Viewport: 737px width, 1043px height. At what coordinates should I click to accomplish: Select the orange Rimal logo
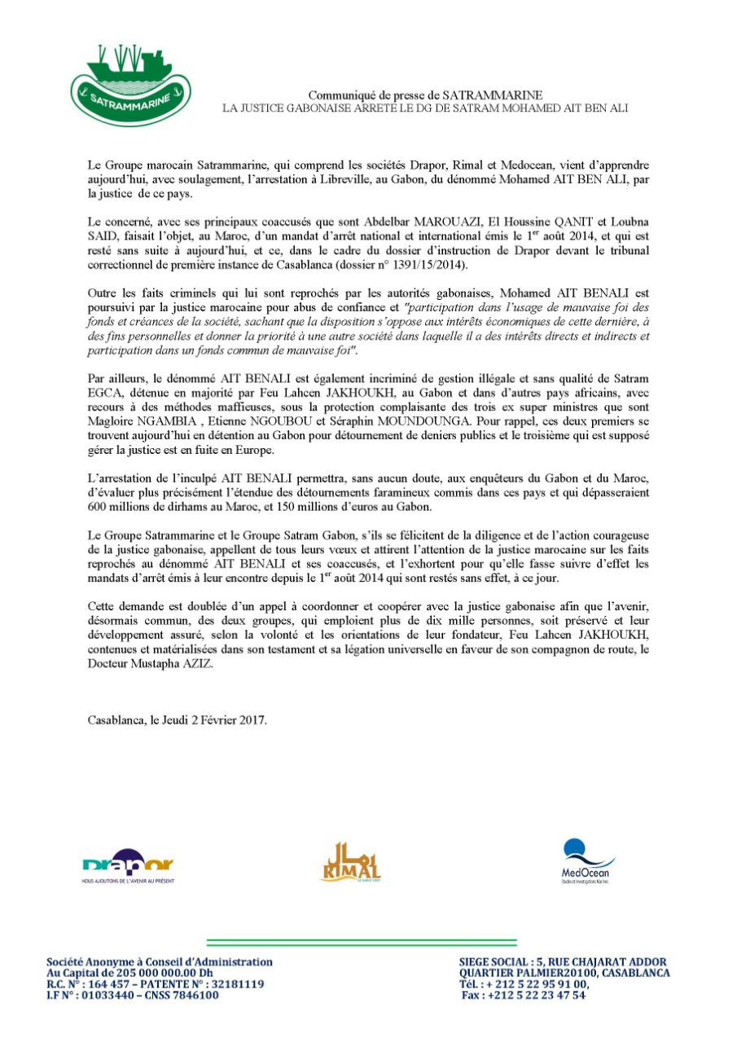click(x=350, y=863)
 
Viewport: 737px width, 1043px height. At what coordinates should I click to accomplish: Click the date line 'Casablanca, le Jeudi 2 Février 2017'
click(x=177, y=721)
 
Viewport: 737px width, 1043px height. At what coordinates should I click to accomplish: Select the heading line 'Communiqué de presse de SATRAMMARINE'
click(x=424, y=96)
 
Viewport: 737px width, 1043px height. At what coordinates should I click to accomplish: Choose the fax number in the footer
click(x=537, y=995)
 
